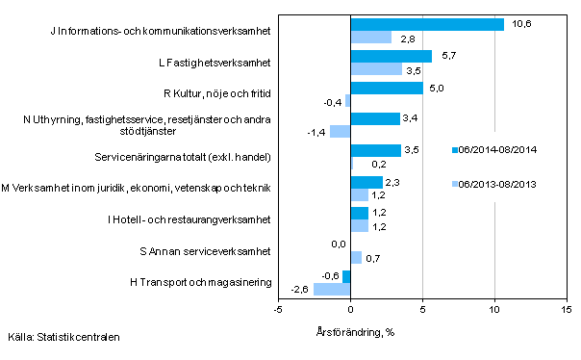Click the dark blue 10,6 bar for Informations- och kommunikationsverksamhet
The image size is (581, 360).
tap(427, 25)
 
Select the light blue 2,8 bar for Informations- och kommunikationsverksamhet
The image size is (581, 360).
tap(370, 38)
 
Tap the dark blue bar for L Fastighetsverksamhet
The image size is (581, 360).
tap(392, 57)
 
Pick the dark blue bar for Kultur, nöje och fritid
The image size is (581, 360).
tap(387, 88)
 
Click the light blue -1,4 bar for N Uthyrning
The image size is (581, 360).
tap(341, 132)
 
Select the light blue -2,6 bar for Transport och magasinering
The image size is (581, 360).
tap(332, 289)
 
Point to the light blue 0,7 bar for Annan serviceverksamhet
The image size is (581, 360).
tap(356, 257)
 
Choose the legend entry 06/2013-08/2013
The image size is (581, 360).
tap(494, 184)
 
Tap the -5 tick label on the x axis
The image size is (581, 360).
tap(278, 310)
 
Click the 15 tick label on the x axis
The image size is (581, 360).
tap(566, 310)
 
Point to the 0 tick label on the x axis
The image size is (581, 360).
tap(350, 310)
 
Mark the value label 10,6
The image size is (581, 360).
tap(518, 23)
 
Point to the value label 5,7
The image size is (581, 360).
tap(446, 56)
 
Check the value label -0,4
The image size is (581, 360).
tap(332, 101)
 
